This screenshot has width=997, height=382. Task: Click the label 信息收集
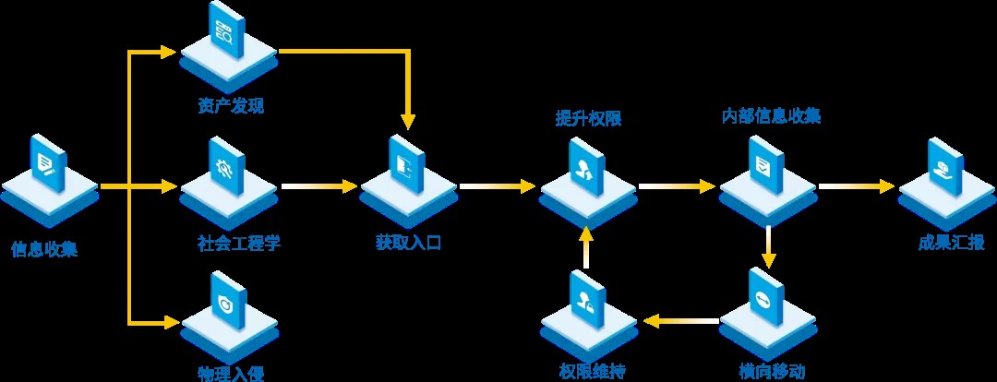44,249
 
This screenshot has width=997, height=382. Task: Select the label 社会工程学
238,244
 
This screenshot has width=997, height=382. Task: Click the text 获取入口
409,244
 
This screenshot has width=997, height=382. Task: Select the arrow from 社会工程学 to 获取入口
319,187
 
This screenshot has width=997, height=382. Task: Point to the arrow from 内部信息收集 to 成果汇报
856,187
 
